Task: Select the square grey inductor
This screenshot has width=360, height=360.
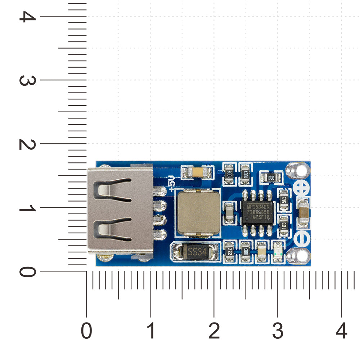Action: click(197, 213)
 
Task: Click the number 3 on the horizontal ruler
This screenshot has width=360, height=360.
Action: click(278, 330)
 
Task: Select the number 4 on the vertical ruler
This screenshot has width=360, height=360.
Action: click(25, 16)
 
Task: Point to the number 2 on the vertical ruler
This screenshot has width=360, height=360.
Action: click(25, 144)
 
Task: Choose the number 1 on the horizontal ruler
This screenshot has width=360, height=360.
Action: click(150, 330)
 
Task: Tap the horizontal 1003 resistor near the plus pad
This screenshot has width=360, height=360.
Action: click(270, 177)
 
